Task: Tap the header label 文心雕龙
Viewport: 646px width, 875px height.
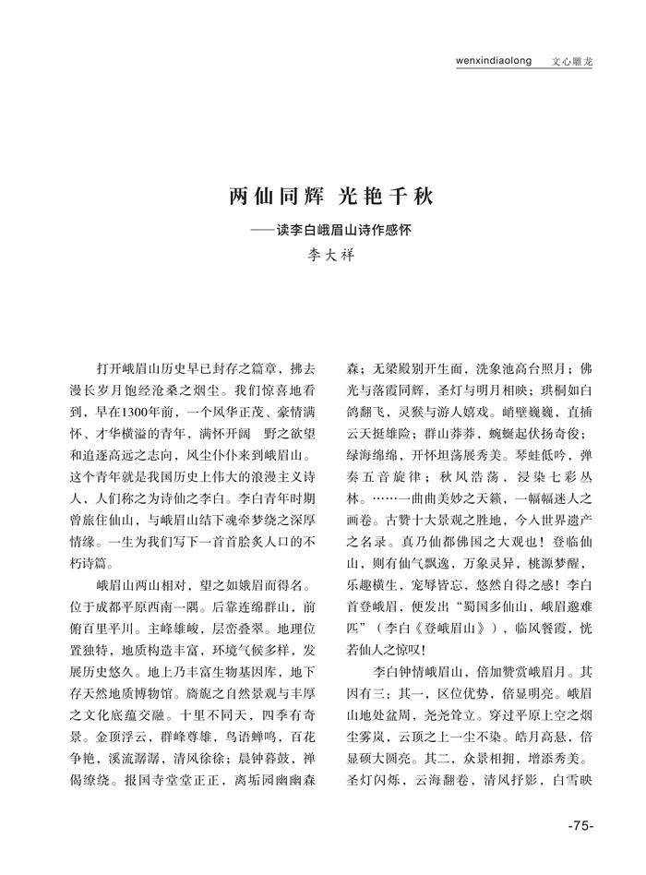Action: click(572, 62)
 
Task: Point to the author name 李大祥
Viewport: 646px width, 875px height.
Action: click(323, 254)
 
